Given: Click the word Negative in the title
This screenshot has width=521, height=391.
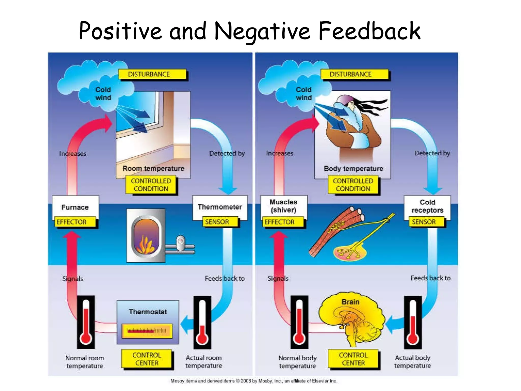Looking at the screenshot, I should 262,32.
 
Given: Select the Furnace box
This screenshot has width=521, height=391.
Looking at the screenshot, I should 75,207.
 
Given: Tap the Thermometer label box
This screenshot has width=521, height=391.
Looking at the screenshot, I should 220,207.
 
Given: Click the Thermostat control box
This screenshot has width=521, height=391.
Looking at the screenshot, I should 148,322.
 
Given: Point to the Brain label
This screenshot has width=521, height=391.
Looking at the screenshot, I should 350,302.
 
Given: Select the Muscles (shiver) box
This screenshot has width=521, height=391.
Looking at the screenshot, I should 283,206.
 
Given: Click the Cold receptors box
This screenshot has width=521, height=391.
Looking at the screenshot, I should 427,206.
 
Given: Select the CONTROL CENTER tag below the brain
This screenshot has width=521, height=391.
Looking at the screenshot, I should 353,359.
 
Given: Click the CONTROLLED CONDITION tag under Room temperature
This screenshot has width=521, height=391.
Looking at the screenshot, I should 151,185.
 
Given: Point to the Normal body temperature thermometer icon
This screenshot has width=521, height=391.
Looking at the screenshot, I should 299,322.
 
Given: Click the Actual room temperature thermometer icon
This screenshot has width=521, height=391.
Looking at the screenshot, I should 202,322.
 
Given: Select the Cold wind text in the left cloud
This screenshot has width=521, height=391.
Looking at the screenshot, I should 103,93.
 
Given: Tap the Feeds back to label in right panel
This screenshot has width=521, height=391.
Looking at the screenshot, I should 430,278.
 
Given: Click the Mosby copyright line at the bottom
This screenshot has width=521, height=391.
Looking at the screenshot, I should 254,381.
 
